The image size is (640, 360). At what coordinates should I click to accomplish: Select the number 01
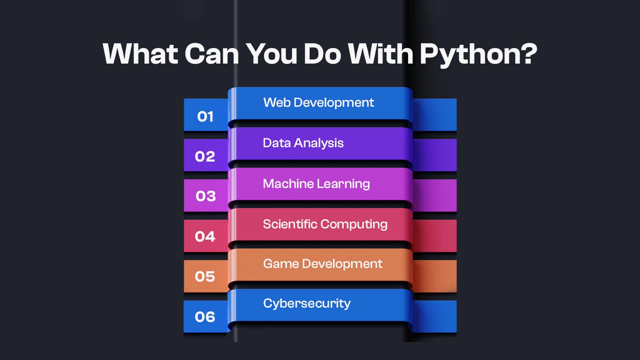(x=205, y=117)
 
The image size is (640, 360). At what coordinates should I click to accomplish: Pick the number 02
(x=205, y=156)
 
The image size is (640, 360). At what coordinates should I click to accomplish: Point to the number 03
(x=206, y=196)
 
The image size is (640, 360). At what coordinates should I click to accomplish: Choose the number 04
(x=205, y=236)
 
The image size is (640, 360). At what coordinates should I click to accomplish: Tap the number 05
(x=205, y=276)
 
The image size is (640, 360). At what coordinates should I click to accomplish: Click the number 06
(x=205, y=317)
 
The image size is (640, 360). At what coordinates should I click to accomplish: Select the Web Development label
(x=318, y=103)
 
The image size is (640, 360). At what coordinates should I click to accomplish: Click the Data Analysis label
(x=303, y=143)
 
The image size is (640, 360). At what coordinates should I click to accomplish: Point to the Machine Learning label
(x=316, y=184)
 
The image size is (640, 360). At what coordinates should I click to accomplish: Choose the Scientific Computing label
(x=325, y=224)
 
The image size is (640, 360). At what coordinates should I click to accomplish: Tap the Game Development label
(x=322, y=264)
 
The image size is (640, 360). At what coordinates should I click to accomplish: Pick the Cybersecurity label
(x=307, y=304)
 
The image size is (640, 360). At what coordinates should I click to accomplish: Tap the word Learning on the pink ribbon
(x=343, y=184)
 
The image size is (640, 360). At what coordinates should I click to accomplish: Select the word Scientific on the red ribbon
(x=290, y=224)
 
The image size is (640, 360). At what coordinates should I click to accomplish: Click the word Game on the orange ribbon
(x=281, y=264)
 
